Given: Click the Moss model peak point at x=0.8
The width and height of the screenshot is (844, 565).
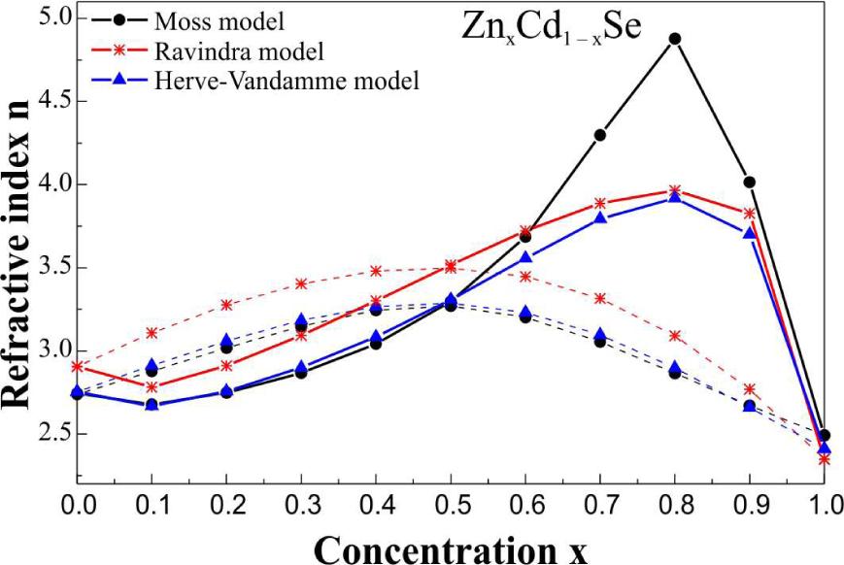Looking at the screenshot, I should (675, 39).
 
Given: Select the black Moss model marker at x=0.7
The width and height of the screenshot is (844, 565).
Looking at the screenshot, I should (600, 135).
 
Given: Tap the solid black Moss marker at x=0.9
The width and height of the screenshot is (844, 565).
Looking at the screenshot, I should (749, 182).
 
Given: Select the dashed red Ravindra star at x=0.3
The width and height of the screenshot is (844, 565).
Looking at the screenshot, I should (301, 283).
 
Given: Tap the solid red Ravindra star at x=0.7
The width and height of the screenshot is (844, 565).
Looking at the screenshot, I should (600, 204).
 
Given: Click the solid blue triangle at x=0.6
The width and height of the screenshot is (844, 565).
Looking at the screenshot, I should (525, 258).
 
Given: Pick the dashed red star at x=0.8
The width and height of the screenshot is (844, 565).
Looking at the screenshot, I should (675, 336).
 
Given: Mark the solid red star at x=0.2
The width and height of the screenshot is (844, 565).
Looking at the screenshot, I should (226, 366).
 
